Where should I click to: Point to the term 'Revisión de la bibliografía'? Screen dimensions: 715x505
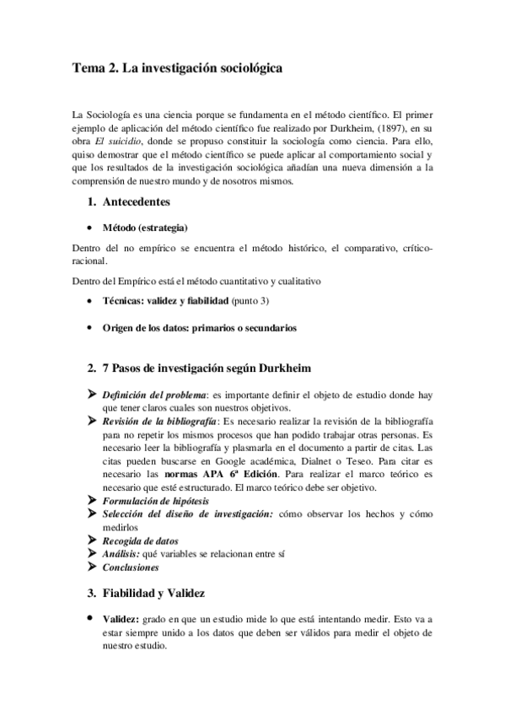(158, 421)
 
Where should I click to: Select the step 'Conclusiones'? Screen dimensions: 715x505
(131, 568)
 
